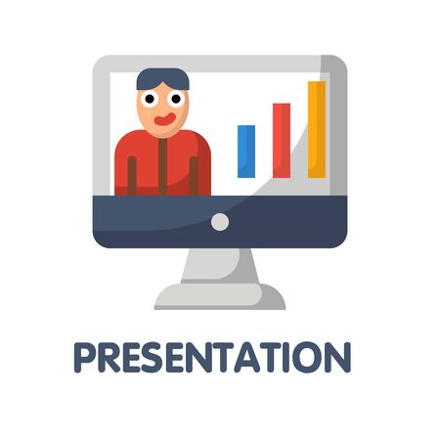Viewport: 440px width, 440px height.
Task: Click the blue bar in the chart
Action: (246, 152)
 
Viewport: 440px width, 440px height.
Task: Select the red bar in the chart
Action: (282, 141)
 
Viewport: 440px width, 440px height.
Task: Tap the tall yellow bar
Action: (317, 130)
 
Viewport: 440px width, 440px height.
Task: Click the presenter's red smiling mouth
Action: (165, 119)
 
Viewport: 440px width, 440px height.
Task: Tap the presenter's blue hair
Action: (162, 79)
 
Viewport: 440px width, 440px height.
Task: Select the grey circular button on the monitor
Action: (220, 222)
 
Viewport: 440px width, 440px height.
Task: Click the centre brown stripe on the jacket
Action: (162, 167)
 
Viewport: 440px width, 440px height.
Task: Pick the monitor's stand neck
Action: (220, 266)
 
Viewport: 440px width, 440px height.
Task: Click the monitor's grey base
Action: (220, 296)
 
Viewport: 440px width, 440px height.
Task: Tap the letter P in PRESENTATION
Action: (84, 357)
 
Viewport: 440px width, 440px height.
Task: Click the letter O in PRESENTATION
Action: (306, 357)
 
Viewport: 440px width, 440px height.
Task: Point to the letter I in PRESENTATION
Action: (286, 357)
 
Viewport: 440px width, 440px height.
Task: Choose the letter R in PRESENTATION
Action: (109, 357)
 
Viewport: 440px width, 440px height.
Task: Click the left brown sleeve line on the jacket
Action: (132, 176)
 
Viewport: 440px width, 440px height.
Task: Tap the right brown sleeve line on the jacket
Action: (194, 176)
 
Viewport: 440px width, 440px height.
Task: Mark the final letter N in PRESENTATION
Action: (337, 357)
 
